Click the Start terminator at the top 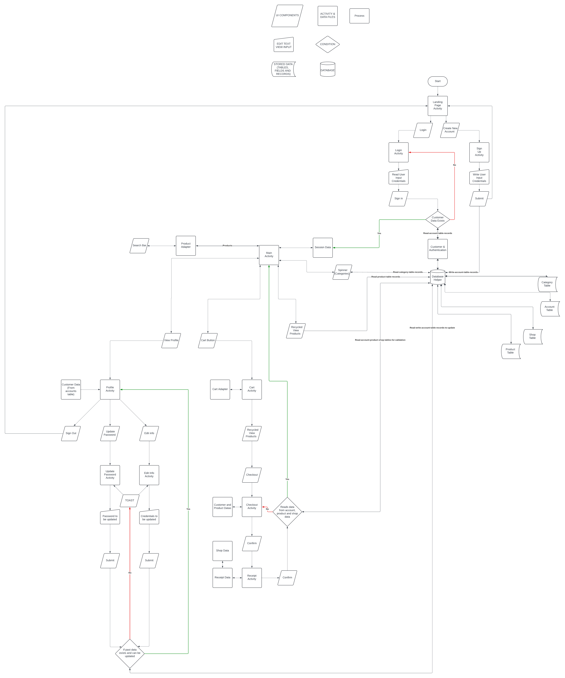point(437,81)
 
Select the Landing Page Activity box point(437,106)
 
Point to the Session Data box point(323,248)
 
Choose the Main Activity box point(269,255)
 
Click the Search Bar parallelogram point(139,246)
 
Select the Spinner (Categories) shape point(342,272)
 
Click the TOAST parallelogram point(129,500)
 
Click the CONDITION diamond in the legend point(327,44)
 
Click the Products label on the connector point(227,246)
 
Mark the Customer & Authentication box point(437,249)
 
